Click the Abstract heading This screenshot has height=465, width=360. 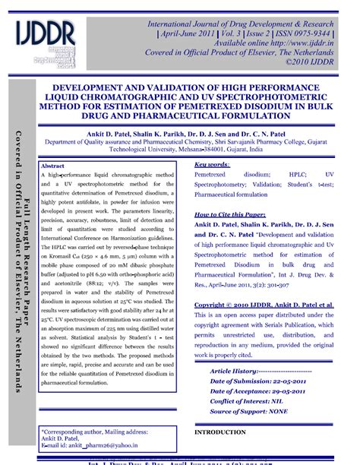point(52,166)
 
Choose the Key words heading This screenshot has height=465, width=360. point(212,164)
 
